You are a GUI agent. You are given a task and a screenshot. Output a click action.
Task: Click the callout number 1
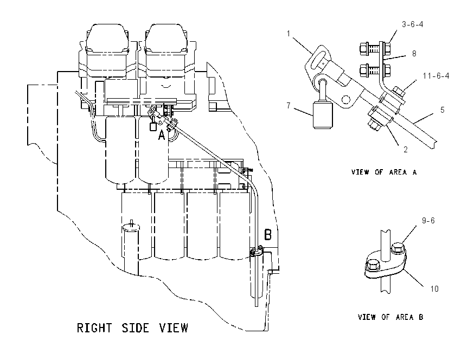tap(289, 34)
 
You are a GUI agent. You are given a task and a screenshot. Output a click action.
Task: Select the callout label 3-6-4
tap(413, 24)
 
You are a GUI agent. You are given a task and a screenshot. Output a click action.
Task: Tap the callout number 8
tap(414, 54)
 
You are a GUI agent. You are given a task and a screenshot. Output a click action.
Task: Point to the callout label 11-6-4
tap(436, 76)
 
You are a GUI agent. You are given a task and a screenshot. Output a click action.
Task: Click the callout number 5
tap(443, 110)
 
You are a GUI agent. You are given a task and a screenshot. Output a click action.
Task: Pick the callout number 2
tap(406, 150)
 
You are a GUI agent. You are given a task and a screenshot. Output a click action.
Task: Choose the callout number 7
tap(289, 106)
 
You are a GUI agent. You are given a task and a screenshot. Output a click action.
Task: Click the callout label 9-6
tap(428, 221)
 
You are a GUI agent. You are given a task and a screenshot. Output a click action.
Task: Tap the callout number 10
tap(434, 289)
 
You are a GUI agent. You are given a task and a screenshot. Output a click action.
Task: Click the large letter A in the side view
tap(162, 136)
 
